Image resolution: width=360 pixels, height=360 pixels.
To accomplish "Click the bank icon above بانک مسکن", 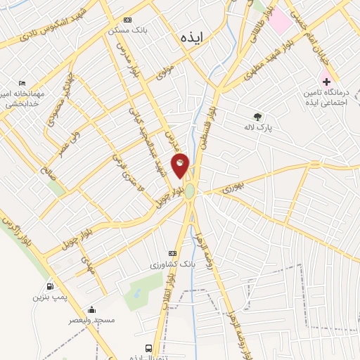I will pos(127,20).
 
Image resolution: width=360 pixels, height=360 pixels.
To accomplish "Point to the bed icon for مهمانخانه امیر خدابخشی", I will pos(22,82).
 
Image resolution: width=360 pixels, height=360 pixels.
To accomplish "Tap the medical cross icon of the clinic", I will pos(326,82).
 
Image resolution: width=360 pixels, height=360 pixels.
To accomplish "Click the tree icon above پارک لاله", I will pos(258,117).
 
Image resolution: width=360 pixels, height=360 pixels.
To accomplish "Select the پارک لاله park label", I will pos(258,127).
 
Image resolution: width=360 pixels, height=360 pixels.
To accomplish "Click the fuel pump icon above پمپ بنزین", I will pos(49,286).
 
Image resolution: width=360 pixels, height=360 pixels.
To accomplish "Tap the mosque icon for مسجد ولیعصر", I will pos(91,310).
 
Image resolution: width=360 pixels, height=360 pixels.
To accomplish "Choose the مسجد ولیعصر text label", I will pos(91,321).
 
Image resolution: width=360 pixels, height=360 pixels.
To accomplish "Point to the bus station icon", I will pos(148,347).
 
